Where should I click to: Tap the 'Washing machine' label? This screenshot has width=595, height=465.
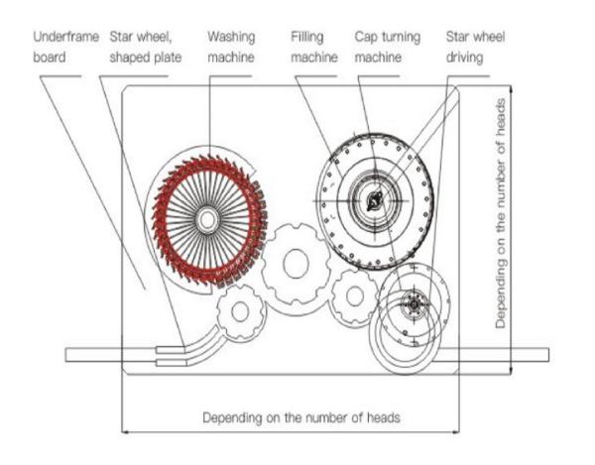[231, 47]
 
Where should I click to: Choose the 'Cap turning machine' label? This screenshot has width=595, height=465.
[388, 47]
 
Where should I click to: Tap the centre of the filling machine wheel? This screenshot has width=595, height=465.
[375, 201]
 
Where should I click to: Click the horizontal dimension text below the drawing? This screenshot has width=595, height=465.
[301, 416]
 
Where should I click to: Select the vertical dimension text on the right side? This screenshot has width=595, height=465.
[507, 212]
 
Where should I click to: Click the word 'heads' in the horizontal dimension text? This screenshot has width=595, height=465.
[383, 416]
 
